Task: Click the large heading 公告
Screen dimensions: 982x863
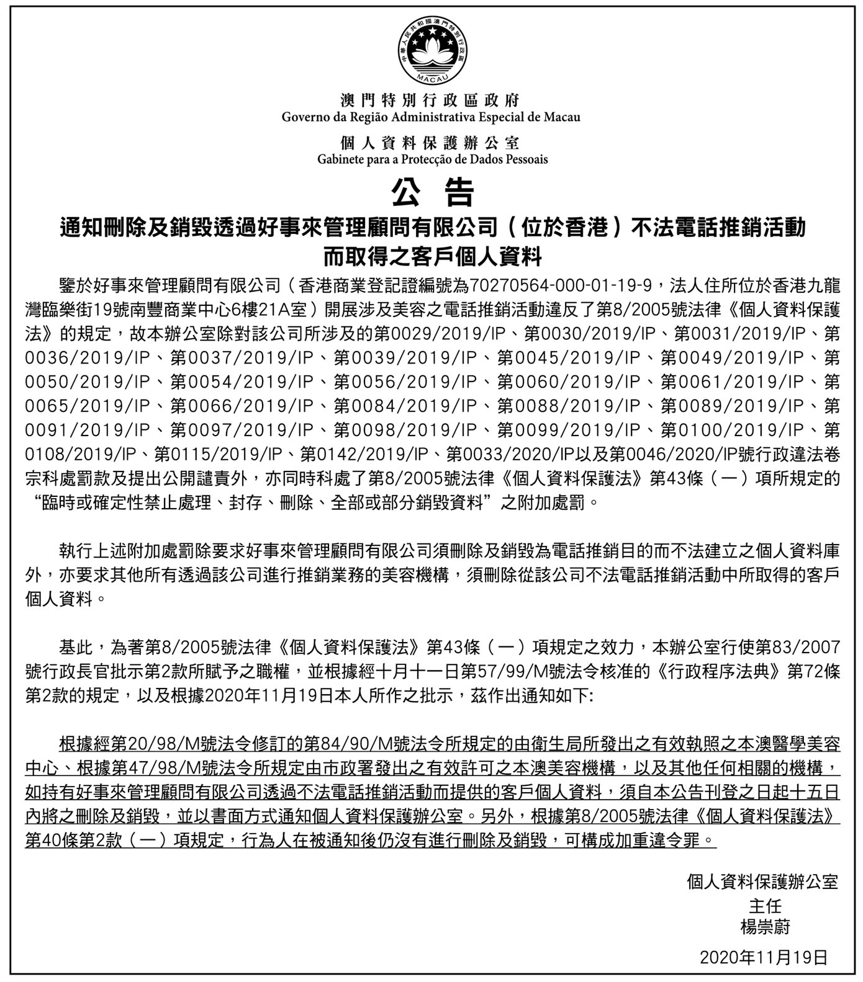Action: coord(431,192)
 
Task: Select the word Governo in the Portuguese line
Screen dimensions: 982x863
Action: coord(305,117)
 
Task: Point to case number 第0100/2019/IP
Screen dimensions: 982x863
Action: coord(732,430)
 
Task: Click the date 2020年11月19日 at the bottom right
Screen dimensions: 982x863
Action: coord(764,957)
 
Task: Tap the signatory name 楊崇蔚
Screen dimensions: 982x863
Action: coord(765,927)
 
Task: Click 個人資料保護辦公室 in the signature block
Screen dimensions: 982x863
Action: coord(762,882)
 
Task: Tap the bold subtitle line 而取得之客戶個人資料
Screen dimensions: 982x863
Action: coord(431,256)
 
